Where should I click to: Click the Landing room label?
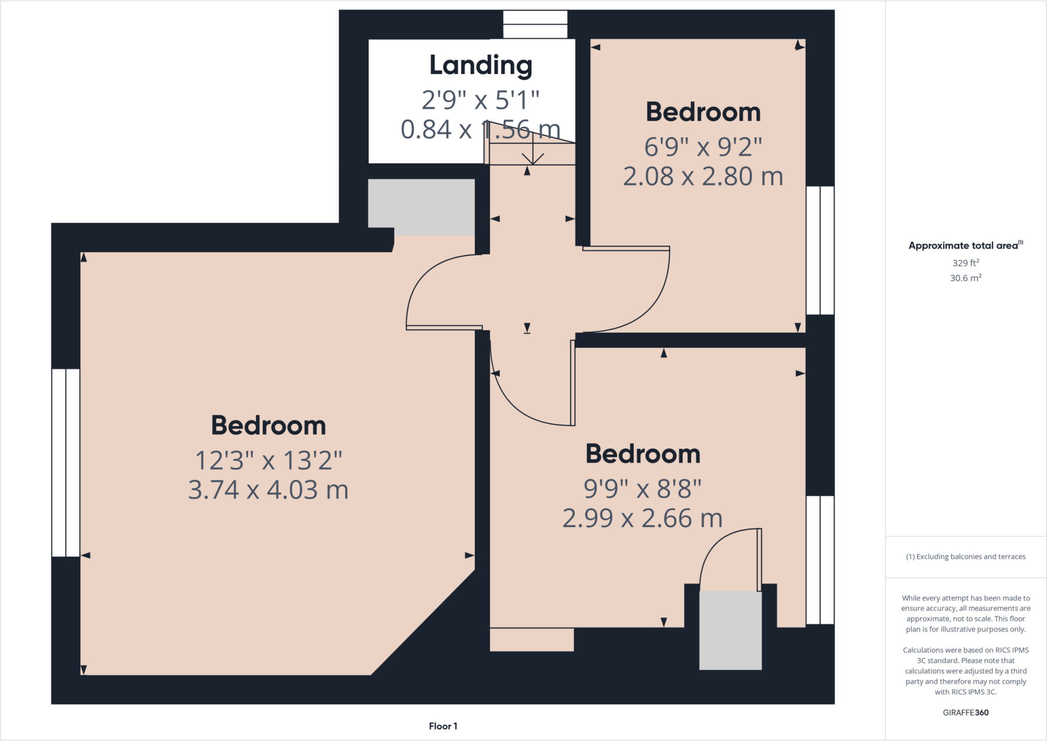pos(481,65)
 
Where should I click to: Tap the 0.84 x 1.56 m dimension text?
pos(480,129)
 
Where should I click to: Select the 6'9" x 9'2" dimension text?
pos(703,147)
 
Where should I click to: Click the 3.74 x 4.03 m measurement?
pos(268,489)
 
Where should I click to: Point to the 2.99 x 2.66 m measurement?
pos(642,518)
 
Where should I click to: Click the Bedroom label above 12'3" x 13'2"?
pos(268,425)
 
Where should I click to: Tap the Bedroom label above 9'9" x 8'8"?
pos(643,454)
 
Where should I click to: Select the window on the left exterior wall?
pos(65,462)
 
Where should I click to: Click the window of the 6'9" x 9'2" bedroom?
pos(820,250)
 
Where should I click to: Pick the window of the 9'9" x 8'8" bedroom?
pos(820,559)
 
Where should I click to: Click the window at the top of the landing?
pos(535,24)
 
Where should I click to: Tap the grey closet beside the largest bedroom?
pos(421,207)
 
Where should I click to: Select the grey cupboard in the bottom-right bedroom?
pos(730,630)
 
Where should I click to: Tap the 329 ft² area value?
pos(965,263)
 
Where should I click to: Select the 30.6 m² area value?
pos(965,278)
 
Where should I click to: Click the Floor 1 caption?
pos(443,726)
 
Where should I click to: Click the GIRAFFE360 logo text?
pos(965,712)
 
